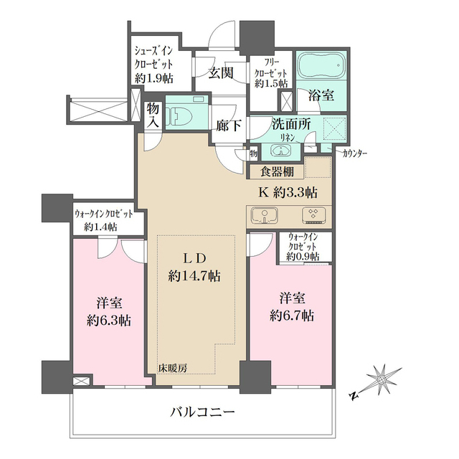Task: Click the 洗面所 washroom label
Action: (291, 123)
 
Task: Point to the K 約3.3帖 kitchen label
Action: (288, 193)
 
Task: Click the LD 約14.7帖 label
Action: (194, 266)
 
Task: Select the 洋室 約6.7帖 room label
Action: (290, 306)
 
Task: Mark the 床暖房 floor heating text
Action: (173, 368)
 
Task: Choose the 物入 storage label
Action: (153, 115)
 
